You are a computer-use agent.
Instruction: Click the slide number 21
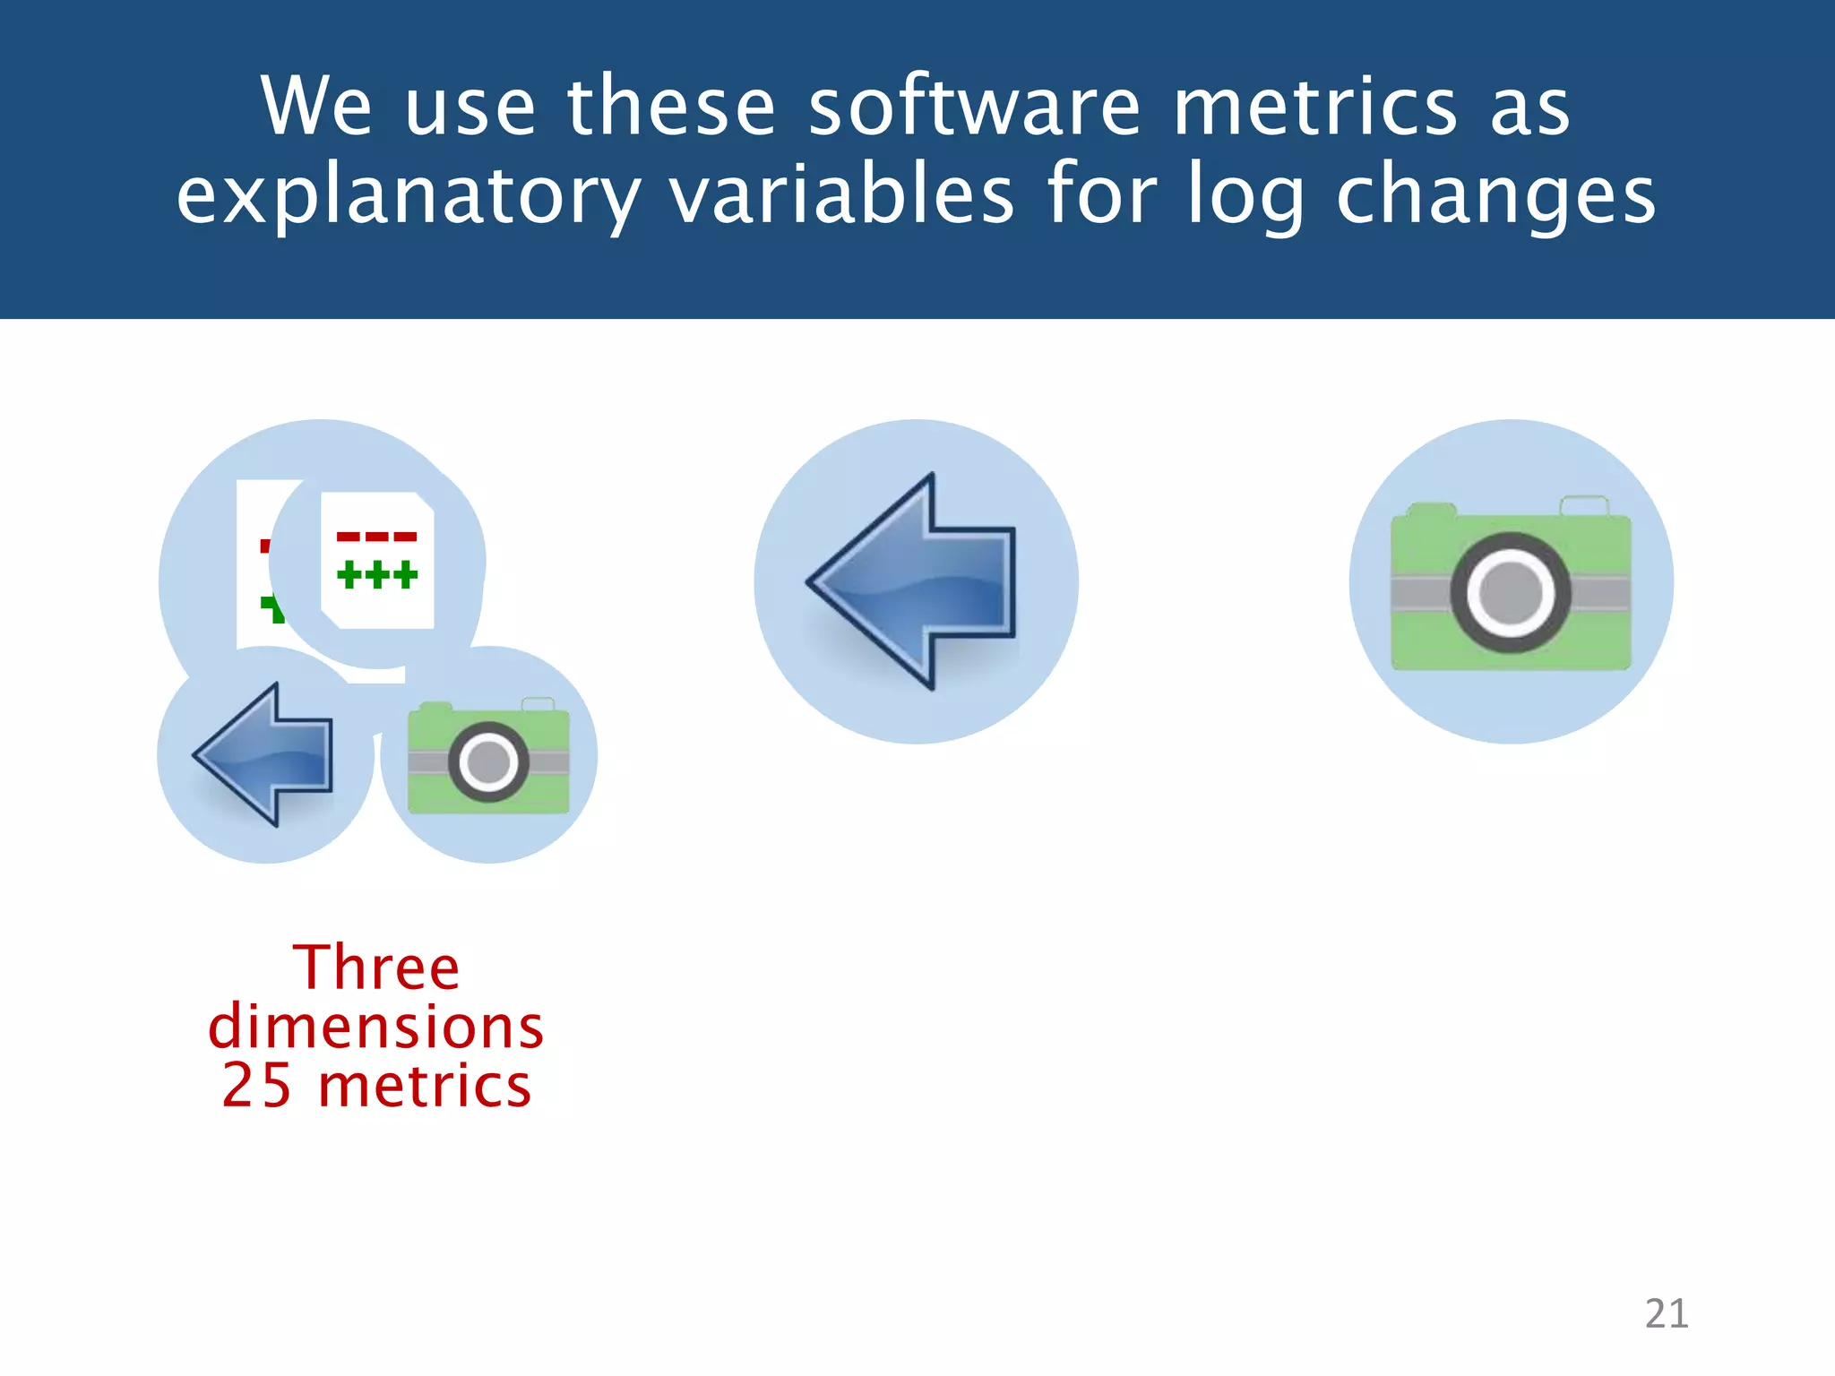click(x=1666, y=1313)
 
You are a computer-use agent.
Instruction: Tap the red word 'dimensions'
click(x=375, y=1027)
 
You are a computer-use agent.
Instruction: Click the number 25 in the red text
click(x=256, y=1086)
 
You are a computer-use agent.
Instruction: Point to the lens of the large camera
click(x=1511, y=593)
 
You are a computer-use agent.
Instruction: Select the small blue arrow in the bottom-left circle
click(x=265, y=755)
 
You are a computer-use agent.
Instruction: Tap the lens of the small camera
click(x=488, y=762)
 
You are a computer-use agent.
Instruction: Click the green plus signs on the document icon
click(x=377, y=575)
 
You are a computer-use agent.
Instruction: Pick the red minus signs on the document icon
click(x=377, y=537)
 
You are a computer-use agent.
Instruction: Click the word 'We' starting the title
click(x=315, y=107)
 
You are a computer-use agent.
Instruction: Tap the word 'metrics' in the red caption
click(x=425, y=1086)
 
